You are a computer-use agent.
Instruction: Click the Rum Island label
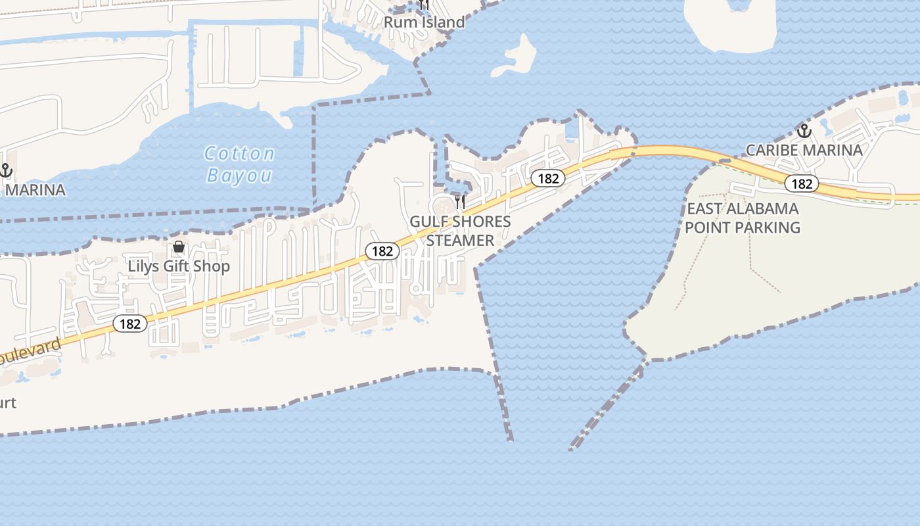coord(424,22)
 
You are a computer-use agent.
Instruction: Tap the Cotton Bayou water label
coord(239,164)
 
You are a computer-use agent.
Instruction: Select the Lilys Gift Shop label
coord(179,266)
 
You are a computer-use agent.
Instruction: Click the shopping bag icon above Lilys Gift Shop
coord(178,247)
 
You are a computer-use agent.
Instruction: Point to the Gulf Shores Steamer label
coord(460,231)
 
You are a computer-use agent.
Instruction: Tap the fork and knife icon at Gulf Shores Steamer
coord(460,201)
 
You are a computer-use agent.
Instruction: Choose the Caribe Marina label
coord(804,151)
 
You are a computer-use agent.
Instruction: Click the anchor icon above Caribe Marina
coord(804,130)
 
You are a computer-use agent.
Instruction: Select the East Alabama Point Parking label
coord(743,218)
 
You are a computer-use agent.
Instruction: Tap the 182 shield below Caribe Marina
coord(802,184)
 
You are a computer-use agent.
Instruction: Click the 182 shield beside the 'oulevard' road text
coord(130,323)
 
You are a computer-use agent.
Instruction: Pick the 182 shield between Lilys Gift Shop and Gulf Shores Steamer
coord(382,251)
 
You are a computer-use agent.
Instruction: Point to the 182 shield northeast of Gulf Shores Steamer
coord(547,178)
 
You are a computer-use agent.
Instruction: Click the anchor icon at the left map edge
coord(5,170)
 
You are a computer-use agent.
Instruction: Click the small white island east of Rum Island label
coord(516,57)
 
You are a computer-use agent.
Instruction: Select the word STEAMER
coord(460,241)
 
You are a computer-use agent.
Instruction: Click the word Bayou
coord(239,176)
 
